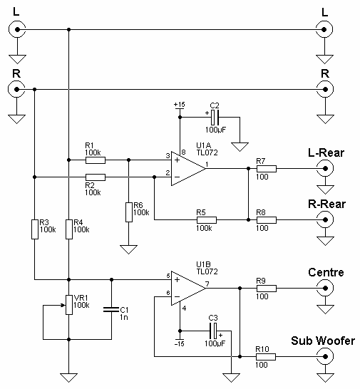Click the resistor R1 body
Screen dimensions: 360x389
(96, 160)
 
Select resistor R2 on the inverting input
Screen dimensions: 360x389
(96, 177)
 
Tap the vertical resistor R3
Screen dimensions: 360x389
(35, 229)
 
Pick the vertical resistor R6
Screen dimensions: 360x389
(128, 212)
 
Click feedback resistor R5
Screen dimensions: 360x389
(207, 220)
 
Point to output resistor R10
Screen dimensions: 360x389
(266, 357)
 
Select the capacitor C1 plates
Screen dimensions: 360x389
(111, 309)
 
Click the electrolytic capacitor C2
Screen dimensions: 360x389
(215, 118)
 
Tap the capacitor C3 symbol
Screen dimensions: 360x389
(213, 331)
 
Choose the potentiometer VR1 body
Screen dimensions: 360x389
(69, 305)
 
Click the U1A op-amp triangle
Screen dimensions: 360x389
(188, 169)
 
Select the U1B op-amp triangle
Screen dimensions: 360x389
(188, 289)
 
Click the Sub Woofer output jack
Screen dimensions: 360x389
(325, 357)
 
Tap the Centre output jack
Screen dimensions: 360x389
(325, 288)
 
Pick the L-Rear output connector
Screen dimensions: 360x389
(325, 168)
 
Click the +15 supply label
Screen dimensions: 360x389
(179, 105)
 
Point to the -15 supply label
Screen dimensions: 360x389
(179, 344)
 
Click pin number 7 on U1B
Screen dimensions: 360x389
(207, 284)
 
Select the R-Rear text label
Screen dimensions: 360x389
(326, 204)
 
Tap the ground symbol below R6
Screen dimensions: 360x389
(128, 249)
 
